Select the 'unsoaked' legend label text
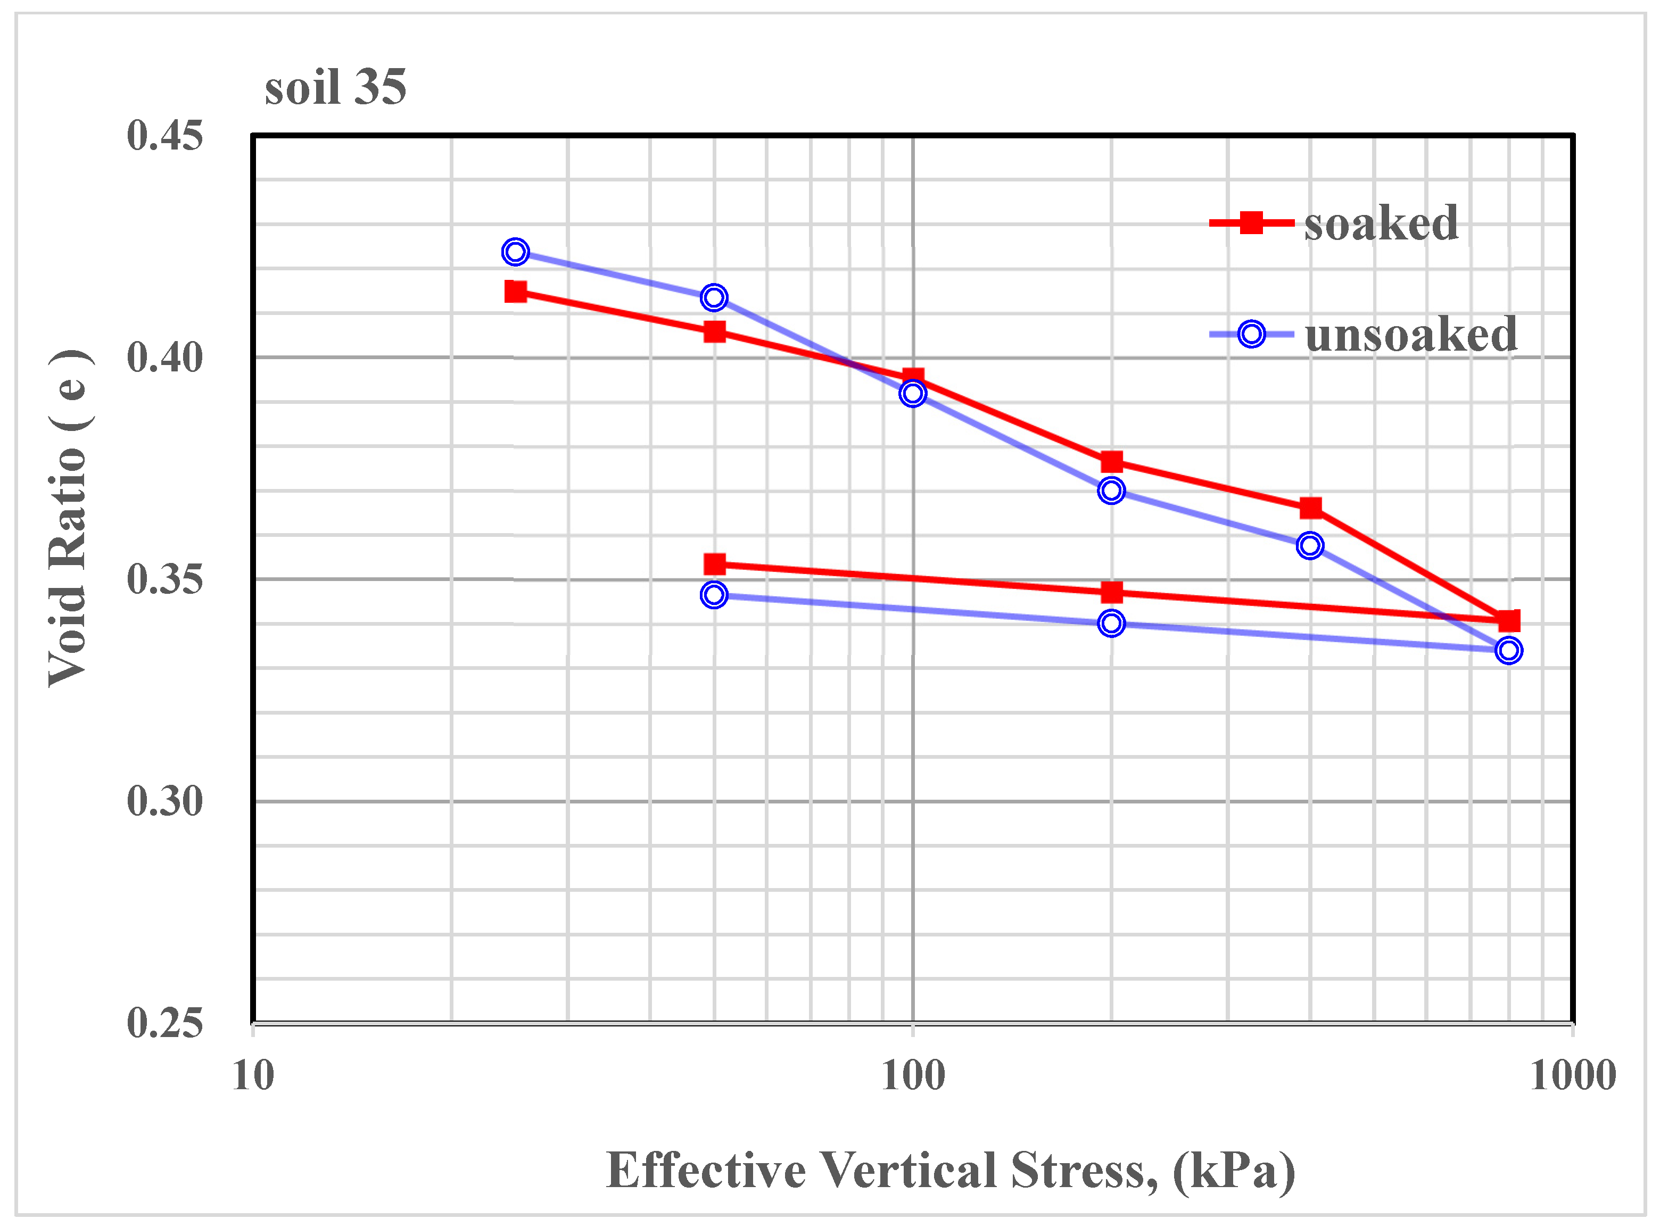pos(1410,335)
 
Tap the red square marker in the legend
pos(1251,222)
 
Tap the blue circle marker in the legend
pos(1251,334)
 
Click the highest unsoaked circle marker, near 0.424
pos(515,252)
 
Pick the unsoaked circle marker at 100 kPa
pos(913,393)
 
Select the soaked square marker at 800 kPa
pos(1508,621)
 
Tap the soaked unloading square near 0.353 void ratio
pos(714,565)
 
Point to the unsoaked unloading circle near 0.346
pos(714,595)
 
